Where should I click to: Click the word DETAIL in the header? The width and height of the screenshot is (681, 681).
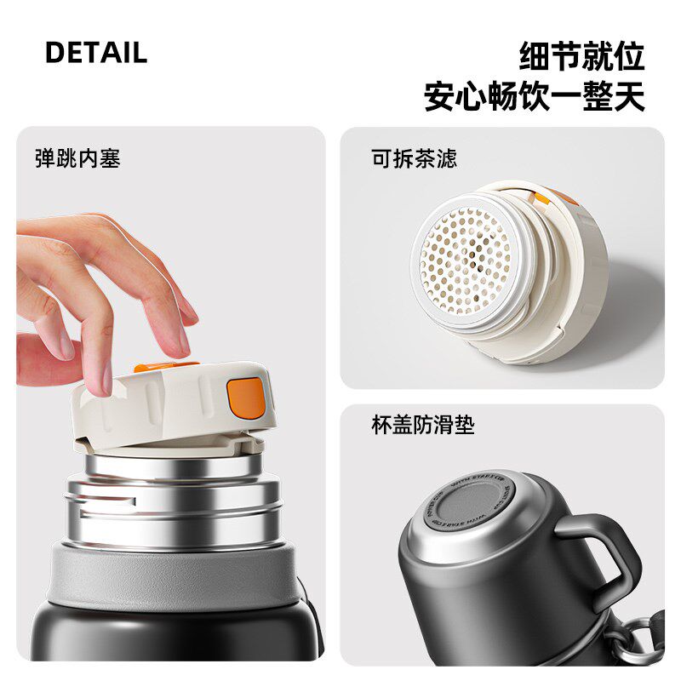tap(96, 53)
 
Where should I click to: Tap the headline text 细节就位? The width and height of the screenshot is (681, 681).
tap(581, 56)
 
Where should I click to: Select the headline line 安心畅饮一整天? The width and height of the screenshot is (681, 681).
tap(535, 96)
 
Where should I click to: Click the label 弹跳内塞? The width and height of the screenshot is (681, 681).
tap(77, 158)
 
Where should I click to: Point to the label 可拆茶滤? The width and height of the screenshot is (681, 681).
tap(414, 158)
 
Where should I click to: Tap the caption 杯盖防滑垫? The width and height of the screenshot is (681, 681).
tap(423, 426)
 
